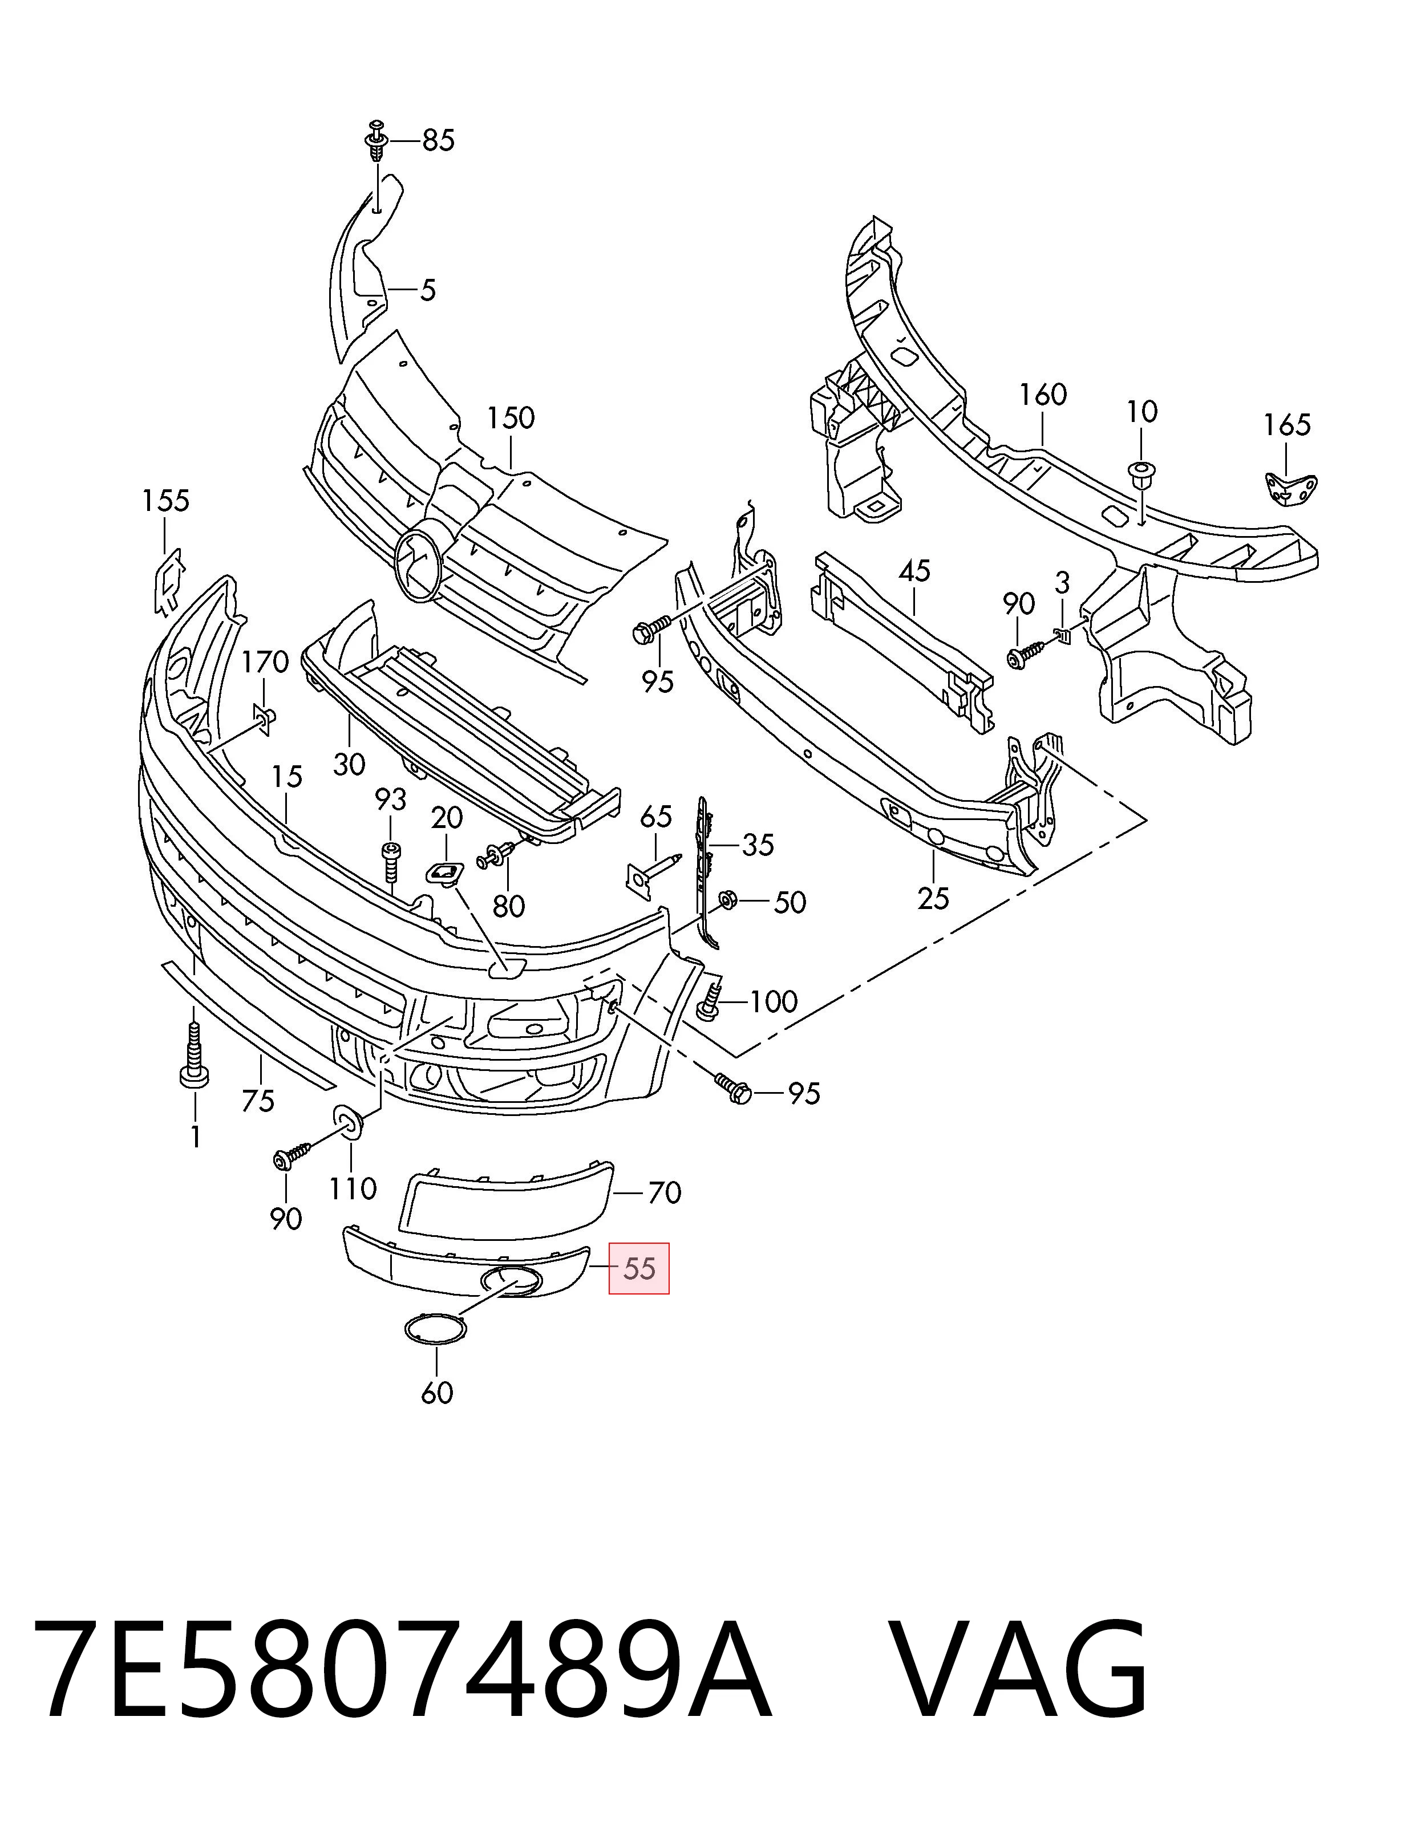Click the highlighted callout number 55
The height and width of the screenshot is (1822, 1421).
coord(639,1269)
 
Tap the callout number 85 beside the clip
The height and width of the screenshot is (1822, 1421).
coord(438,141)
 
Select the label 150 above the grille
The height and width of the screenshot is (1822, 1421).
coord(511,418)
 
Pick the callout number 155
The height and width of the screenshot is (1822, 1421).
coord(165,501)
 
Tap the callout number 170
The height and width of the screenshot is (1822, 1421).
coord(265,663)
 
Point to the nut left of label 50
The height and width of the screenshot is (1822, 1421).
coord(726,899)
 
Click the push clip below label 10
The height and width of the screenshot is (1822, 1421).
coord(1139,476)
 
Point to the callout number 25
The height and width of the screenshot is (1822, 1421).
coord(933,899)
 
